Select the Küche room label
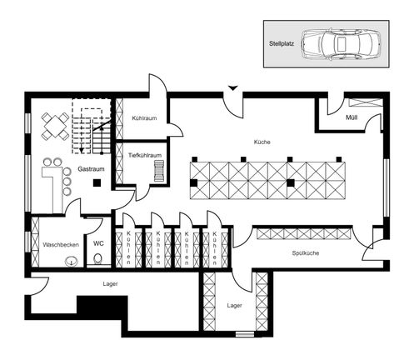pos(262,142)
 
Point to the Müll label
pos(353,117)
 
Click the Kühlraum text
pos(143,118)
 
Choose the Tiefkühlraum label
pos(144,155)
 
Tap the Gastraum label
pos(90,168)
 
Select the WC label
pos(98,244)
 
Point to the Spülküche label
pos(307,252)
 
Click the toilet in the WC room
pos(99,260)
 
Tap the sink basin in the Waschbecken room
pos(70,261)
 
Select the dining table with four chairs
pos(57,126)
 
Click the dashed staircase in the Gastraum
pos(89,125)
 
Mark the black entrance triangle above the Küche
pos(233,87)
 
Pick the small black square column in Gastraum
pos(97,182)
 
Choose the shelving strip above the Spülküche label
pos(303,233)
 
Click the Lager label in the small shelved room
pos(234,306)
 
